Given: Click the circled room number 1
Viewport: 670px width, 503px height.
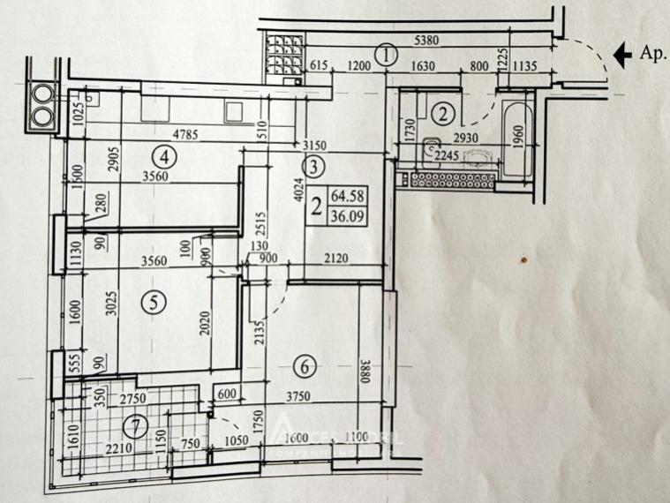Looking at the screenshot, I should (386, 55).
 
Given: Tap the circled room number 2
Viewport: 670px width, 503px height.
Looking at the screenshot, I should (445, 112).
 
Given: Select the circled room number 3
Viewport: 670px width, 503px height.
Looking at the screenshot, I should (315, 164).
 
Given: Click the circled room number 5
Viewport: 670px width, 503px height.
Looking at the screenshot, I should (154, 302).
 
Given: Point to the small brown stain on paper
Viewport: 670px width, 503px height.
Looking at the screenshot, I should (523, 260).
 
